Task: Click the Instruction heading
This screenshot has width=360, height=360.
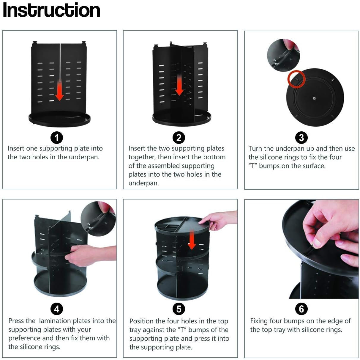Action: [51, 10]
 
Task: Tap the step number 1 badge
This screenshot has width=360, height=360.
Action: [57, 138]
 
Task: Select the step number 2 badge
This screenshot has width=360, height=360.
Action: [179, 138]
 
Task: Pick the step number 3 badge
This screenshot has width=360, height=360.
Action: [301, 138]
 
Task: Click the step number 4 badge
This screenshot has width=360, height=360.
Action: [57, 309]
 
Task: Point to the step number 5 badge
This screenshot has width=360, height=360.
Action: [179, 309]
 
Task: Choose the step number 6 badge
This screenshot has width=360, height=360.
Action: [301, 309]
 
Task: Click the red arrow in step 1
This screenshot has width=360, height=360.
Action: [60, 91]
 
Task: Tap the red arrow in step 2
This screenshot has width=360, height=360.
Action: [179, 85]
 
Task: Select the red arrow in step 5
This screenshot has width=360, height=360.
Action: [192, 240]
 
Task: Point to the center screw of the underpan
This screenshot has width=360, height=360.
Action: [314, 98]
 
